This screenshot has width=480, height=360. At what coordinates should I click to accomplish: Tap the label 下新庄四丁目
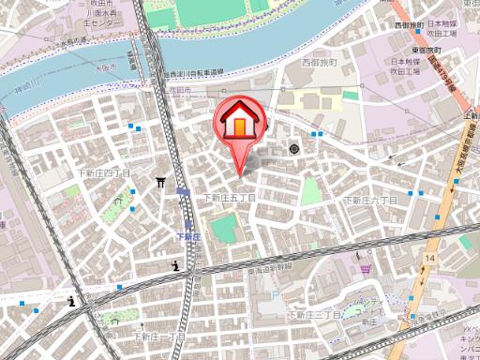(103, 174)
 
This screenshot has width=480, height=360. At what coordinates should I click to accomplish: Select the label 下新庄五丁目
(230, 197)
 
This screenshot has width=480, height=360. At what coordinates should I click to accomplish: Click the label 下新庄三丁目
(315, 315)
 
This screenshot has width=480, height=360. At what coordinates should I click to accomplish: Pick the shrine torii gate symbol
(161, 183)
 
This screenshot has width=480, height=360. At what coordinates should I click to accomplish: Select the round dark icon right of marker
(294, 149)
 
